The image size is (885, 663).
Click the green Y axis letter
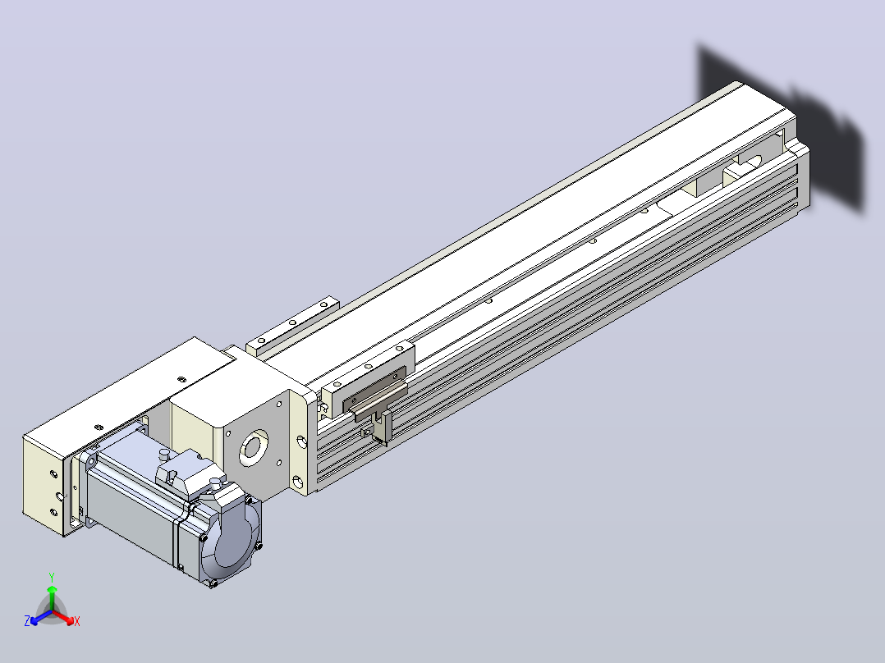(x=52, y=577)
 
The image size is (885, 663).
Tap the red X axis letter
(x=77, y=621)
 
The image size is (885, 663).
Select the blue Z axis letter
(x=27, y=620)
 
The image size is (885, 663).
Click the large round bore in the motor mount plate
(x=254, y=448)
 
